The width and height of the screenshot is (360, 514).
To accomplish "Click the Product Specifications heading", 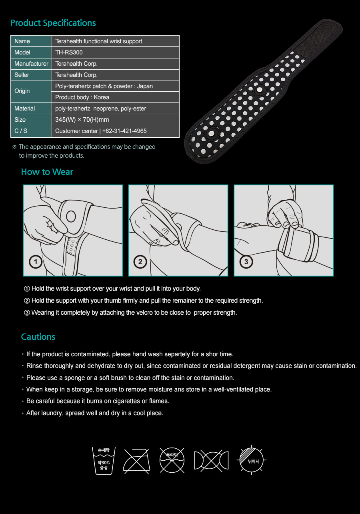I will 53,23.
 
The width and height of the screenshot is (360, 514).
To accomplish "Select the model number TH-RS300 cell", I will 69,52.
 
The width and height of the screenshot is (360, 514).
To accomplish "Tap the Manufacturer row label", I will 31,64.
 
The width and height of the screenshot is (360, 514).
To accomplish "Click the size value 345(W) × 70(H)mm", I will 82,120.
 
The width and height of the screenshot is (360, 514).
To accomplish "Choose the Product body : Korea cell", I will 82,97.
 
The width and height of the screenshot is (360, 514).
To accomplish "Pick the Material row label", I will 24,108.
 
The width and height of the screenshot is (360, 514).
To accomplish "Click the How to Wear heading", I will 47,172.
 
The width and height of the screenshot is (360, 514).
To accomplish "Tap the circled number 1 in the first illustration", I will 36,262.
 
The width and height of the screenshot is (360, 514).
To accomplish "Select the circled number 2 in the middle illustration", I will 140,262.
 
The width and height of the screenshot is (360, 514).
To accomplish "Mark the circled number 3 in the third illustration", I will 246,262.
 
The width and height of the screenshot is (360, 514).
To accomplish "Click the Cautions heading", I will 38,337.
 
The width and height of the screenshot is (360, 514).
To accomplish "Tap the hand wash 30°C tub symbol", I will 104,461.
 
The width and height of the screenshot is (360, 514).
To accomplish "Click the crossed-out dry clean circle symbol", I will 172,460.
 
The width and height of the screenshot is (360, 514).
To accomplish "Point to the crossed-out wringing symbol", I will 211,460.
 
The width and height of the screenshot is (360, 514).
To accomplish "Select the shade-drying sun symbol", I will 251,460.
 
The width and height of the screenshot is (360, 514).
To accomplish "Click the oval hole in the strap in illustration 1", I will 71,217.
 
